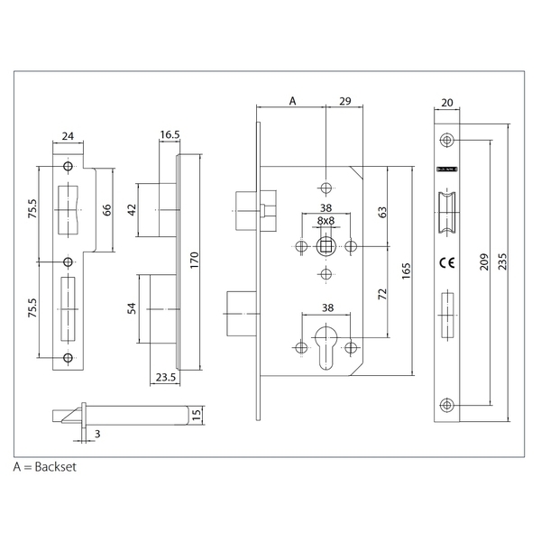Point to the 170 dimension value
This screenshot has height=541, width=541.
coord(194,261)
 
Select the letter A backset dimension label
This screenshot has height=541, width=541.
coord(291,102)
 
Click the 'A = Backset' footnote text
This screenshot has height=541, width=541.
coord(46,469)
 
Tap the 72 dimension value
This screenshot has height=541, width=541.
coord(382,295)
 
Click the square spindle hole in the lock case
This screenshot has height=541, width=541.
coord(326,246)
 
